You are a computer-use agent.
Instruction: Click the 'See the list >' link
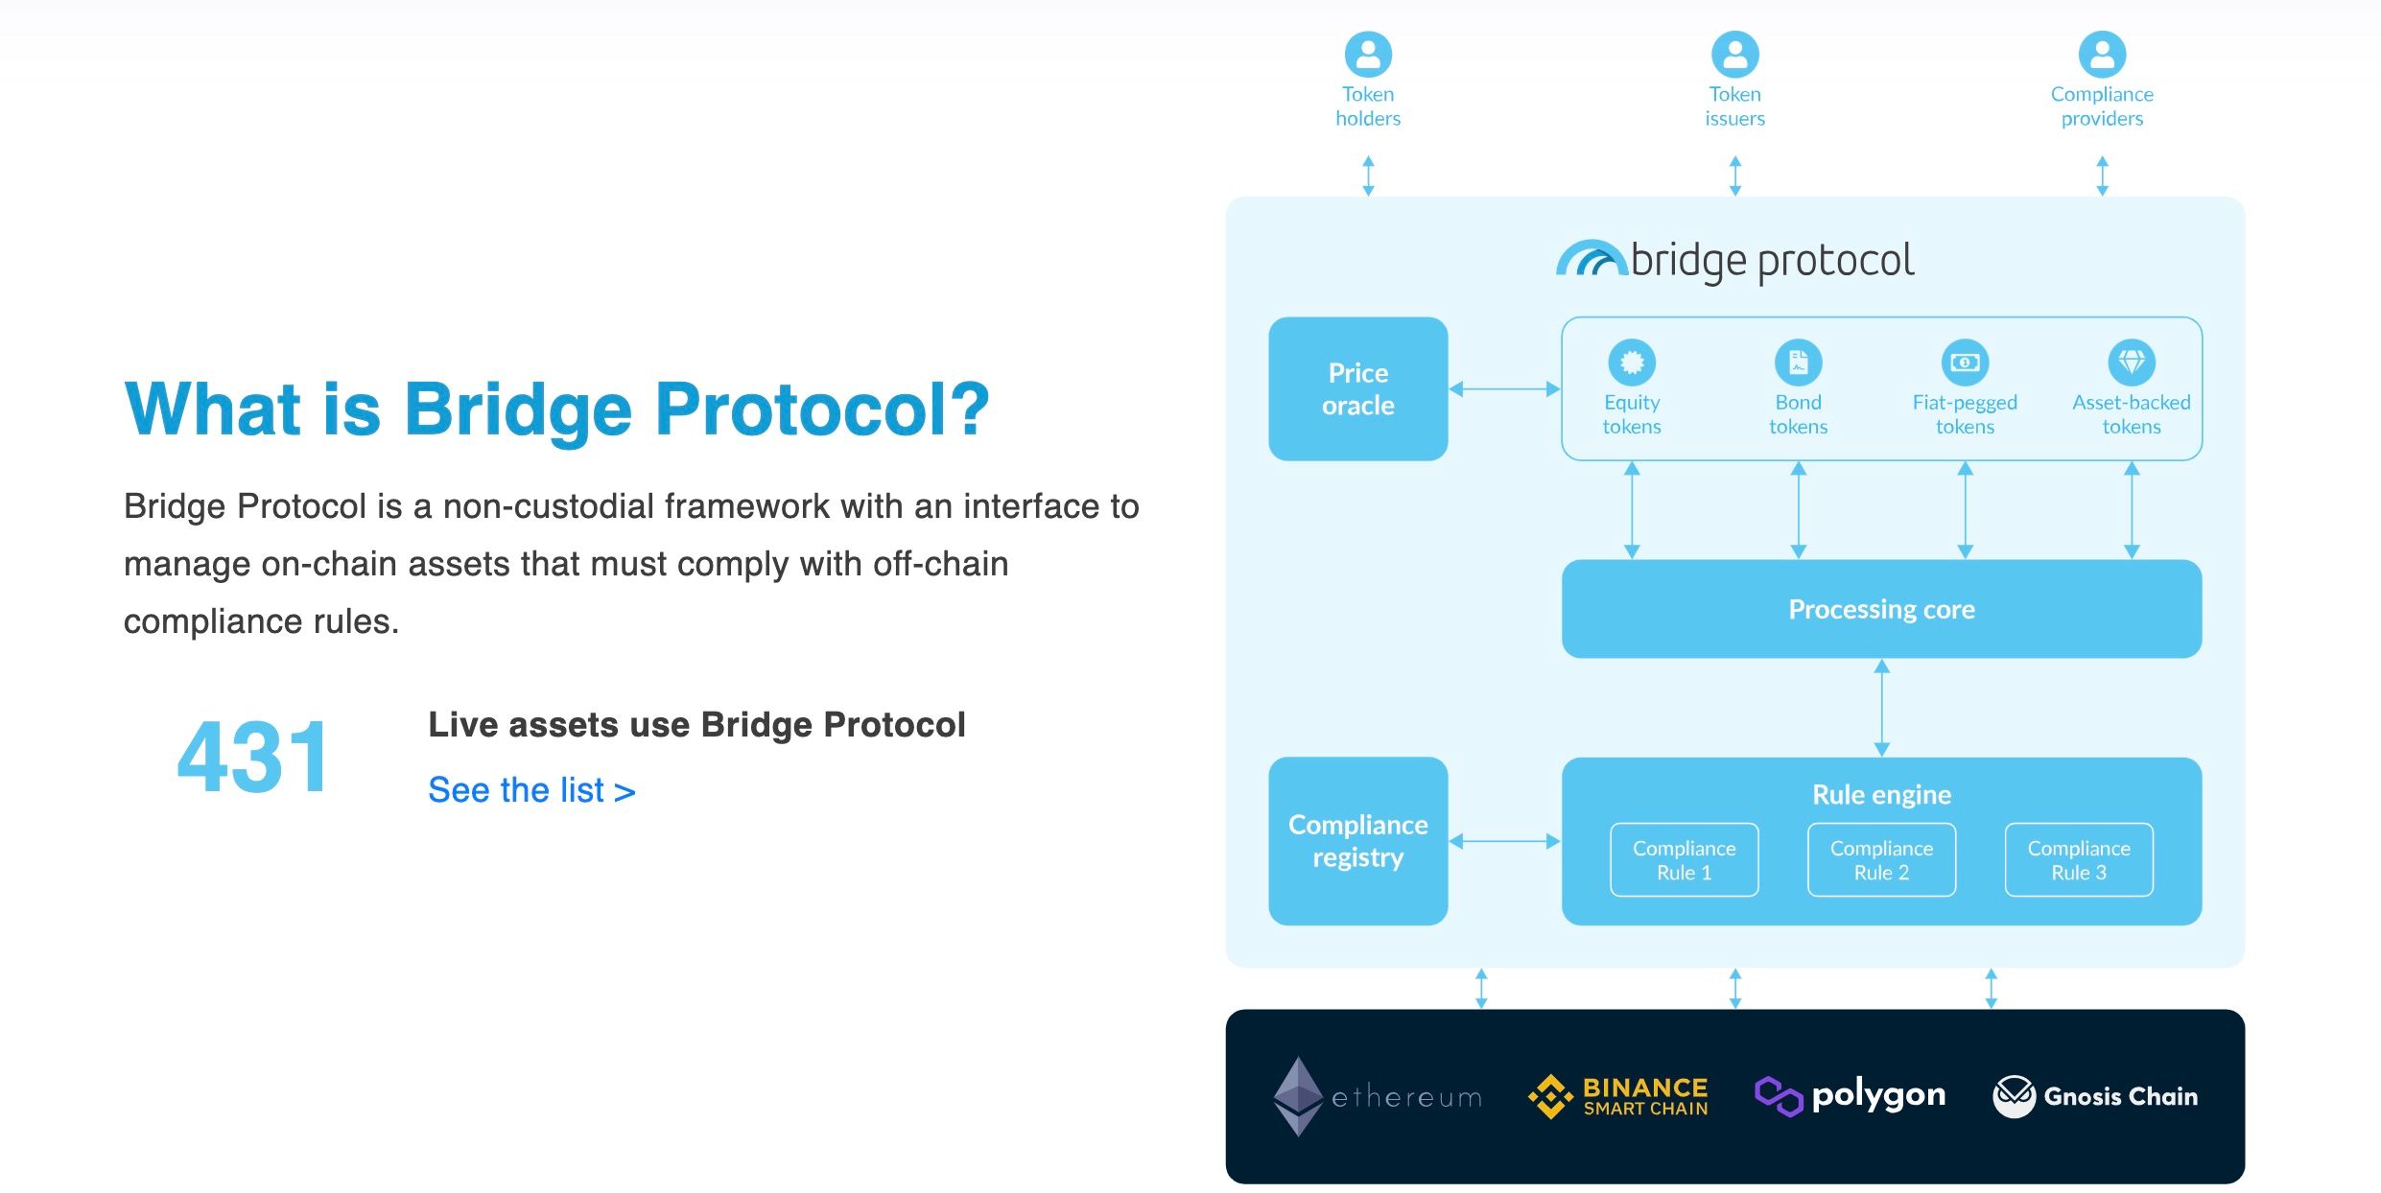tap(531, 790)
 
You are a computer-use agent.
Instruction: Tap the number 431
tap(253, 758)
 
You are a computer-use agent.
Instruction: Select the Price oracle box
tap(1357, 388)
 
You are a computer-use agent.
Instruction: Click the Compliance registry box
tap(1357, 840)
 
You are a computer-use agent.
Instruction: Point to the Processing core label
tap(1881, 609)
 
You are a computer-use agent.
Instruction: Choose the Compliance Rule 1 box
tap(1684, 860)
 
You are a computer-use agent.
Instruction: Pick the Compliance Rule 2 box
tap(1881, 860)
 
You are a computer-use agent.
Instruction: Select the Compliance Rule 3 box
tap(2079, 860)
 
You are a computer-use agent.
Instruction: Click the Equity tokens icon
tap(1632, 363)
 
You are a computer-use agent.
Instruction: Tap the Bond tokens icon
tap(1798, 363)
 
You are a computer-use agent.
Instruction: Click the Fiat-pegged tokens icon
tap(1965, 363)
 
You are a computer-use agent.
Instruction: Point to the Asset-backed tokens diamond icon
tap(2132, 363)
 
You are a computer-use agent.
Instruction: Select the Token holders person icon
tap(1368, 55)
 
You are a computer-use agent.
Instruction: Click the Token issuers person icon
tap(1735, 55)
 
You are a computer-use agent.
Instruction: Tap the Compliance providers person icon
tap(2102, 55)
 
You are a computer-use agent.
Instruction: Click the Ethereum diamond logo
tap(1298, 1096)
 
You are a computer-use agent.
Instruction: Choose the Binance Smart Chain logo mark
tap(1550, 1096)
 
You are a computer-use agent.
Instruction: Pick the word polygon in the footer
tap(1878, 1094)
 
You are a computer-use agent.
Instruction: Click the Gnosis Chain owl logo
tap(2014, 1096)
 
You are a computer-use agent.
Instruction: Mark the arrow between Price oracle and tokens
tap(1504, 388)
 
